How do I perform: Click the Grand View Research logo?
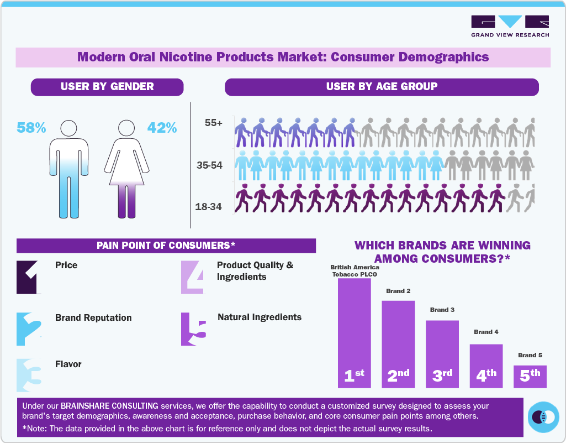[510, 26]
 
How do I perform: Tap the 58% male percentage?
[31, 128]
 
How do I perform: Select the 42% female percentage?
[162, 128]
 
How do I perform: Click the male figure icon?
[68, 169]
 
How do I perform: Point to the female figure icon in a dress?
[128, 169]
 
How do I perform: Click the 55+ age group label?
[213, 123]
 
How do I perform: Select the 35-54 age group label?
[209, 165]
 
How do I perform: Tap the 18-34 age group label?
[208, 207]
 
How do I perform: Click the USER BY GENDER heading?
[107, 87]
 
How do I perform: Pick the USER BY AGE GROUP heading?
[382, 87]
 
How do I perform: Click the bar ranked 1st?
[354, 332]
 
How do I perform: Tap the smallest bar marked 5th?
[530, 376]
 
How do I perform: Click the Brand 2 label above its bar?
[398, 291]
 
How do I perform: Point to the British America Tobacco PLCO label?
[355, 270]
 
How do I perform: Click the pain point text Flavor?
[68, 364]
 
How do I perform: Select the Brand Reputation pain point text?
[93, 317]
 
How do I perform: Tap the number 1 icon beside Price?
[29, 277]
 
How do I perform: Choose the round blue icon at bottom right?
[543, 416]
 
